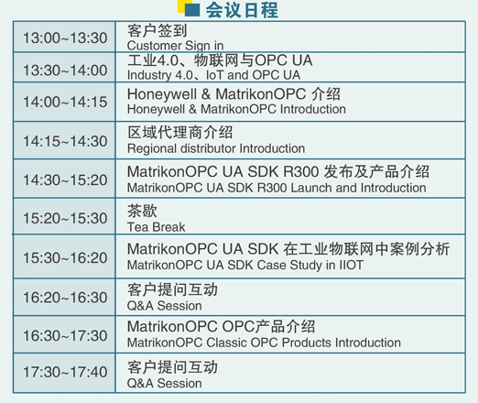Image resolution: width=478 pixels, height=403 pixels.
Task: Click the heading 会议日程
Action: click(x=242, y=10)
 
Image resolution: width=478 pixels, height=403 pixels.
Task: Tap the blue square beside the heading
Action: click(x=192, y=10)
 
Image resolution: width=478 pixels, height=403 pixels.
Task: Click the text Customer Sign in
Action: click(x=175, y=46)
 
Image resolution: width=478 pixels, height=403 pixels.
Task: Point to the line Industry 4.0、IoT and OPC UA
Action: click(x=213, y=75)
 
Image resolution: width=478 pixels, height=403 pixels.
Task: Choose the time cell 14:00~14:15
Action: click(x=65, y=102)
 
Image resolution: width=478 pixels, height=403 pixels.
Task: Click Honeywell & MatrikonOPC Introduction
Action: click(x=236, y=109)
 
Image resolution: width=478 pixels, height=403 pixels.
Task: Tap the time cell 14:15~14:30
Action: click(x=65, y=141)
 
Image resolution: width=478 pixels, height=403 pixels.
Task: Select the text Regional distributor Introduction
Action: click(x=216, y=148)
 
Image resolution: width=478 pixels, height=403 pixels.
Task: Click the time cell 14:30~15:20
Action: click(x=65, y=180)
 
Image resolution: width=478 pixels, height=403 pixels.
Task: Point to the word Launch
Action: click(x=311, y=188)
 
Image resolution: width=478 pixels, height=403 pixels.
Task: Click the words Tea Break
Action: click(x=156, y=227)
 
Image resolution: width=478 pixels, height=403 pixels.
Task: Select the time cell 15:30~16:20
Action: click(x=65, y=257)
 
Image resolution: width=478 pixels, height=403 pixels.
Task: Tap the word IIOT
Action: click(x=352, y=265)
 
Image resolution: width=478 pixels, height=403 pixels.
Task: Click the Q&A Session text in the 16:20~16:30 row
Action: click(x=164, y=306)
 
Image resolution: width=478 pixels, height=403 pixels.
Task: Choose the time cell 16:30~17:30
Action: click(x=65, y=335)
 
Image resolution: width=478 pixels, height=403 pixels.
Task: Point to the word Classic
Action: click(x=226, y=343)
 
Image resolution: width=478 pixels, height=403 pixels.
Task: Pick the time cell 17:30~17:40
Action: click(x=65, y=372)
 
